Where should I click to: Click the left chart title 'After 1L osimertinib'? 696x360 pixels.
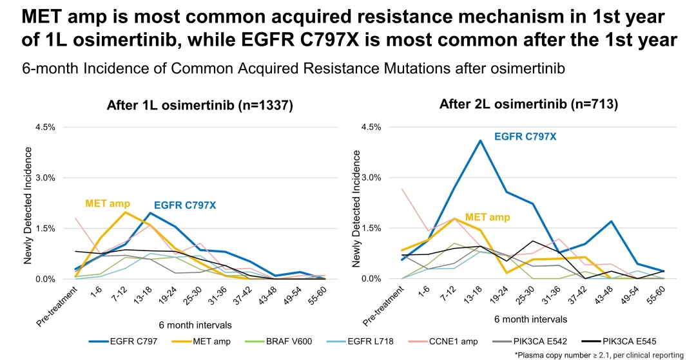pos(200,106)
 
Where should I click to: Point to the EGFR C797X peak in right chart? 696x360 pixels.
pos(480,140)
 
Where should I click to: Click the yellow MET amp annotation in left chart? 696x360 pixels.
pos(109,204)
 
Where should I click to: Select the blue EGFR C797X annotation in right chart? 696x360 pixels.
pos(525,137)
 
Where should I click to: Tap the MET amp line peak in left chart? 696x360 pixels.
pos(126,212)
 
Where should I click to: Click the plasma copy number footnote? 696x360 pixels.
pos(599,355)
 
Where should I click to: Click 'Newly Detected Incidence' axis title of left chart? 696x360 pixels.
pos(28,205)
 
